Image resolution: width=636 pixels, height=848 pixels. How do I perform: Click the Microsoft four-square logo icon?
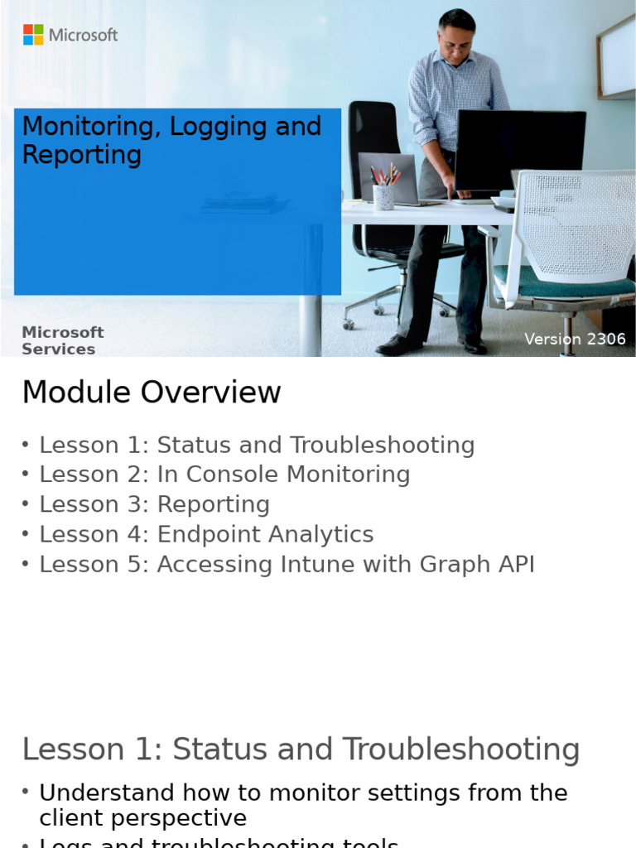pyautogui.click(x=33, y=35)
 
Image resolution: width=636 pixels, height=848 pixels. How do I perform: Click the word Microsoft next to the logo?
pyautogui.click(x=83, y=35)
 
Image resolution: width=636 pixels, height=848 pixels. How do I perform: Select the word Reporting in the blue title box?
pyautogui.click(x=81, y=155)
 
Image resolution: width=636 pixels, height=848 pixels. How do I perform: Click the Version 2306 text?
pyautogui.click(x=575, y=340)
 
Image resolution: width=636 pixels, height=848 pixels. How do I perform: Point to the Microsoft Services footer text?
pyautogui.click(x=62, y=340)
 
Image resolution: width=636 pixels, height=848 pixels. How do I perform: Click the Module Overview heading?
pyautogui.click(x=152, y=393)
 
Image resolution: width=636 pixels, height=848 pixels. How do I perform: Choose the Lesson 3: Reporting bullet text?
pyautogui.click(x=154, y=504)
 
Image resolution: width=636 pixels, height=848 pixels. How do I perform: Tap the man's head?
pyautogui.click(x=456, y=31)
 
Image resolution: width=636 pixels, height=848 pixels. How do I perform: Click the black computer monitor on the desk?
pyautogui.click(x=519, y=149)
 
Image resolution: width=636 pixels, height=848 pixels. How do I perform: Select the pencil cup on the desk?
pyautogui.click(x=383, y=195)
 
